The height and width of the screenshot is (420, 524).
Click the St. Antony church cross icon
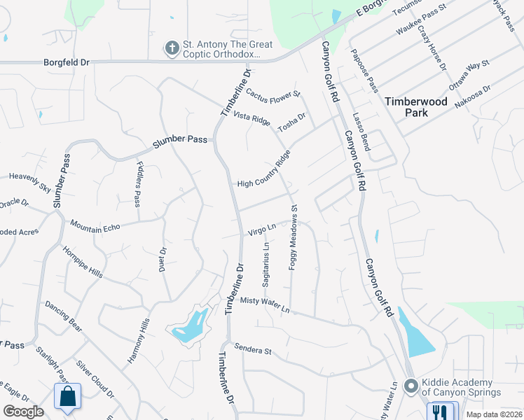click(172, 49)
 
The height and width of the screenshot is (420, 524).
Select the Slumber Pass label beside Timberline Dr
click(180, 139)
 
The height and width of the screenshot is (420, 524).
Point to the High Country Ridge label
click(263, 172)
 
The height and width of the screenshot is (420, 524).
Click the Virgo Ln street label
click(261, 229)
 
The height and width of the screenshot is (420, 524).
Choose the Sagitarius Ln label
click(266, 265)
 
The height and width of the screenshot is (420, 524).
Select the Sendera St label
click(253, 349)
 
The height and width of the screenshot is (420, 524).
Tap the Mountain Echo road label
click(95, 226)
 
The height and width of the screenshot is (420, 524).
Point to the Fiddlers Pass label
click(138, 183)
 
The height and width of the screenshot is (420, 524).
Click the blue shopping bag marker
click(68, 397)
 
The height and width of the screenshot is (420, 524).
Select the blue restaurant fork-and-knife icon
click(439, 412)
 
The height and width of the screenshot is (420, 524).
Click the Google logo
click(23, 412)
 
